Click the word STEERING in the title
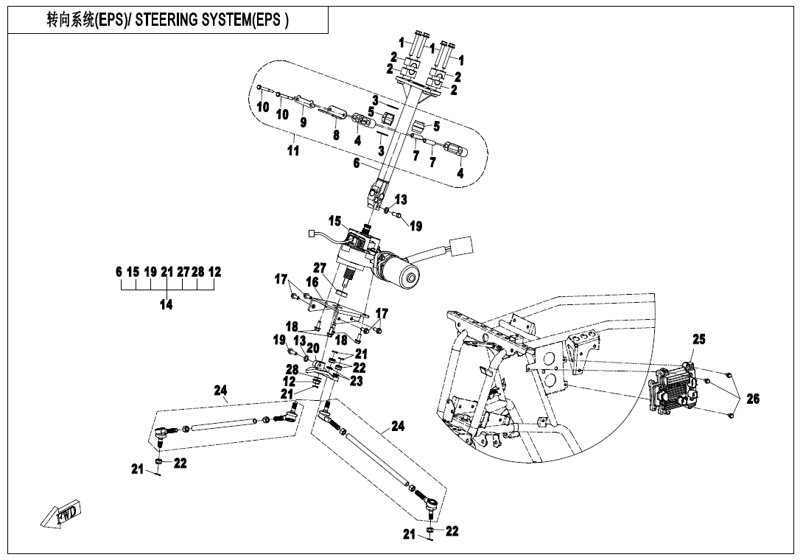(x=168, y=21)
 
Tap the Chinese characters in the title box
(x=71, y=21)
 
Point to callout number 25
(x=698, y=340)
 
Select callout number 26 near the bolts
(x=752, y=399)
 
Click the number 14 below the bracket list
(x=166, y=304)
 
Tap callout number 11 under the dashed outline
(x=293, y=150)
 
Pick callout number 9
(x=303, y=122)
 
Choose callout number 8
(x=336, y=135)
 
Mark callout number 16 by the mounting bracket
(x=312, y=282)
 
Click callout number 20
(x=312, y=348)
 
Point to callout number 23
(x=355, y=382)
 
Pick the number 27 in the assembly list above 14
(x=182, y=272)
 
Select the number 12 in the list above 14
(x=214, y=272)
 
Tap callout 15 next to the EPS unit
(x=335, y=220)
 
